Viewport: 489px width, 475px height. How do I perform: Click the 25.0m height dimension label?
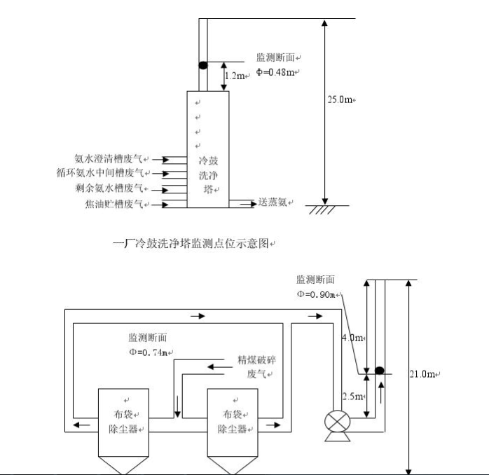(341, 99)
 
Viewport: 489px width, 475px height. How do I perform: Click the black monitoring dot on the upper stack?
(202, 65)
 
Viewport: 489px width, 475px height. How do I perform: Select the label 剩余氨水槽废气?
(111, 188)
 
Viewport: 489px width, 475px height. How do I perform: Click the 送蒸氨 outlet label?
(275, 203)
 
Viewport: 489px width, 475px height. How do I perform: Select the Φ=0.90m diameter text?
(317, 294)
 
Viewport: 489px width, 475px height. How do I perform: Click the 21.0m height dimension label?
(425, 374)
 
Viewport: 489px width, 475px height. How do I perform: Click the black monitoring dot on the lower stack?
(380, 370)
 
